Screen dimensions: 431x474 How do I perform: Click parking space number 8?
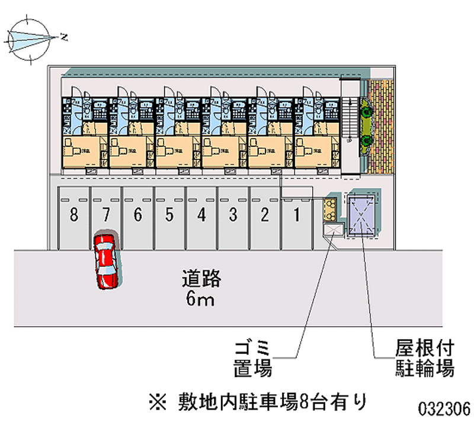73,215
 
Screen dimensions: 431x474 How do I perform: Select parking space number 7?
105,215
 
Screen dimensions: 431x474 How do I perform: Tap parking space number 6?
137,215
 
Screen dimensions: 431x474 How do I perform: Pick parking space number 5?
169,215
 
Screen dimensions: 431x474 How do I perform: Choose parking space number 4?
201,215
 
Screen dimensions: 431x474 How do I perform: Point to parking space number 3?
233,215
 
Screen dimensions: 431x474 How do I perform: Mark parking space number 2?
265,215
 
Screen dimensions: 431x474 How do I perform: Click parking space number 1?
297,215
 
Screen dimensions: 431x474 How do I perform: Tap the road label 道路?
201,278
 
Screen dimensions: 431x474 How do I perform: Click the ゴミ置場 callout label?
252,358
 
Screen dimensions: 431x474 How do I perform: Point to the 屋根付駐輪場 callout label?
425,358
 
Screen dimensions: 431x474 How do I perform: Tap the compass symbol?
30,39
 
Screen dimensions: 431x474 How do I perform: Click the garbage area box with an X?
333,229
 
